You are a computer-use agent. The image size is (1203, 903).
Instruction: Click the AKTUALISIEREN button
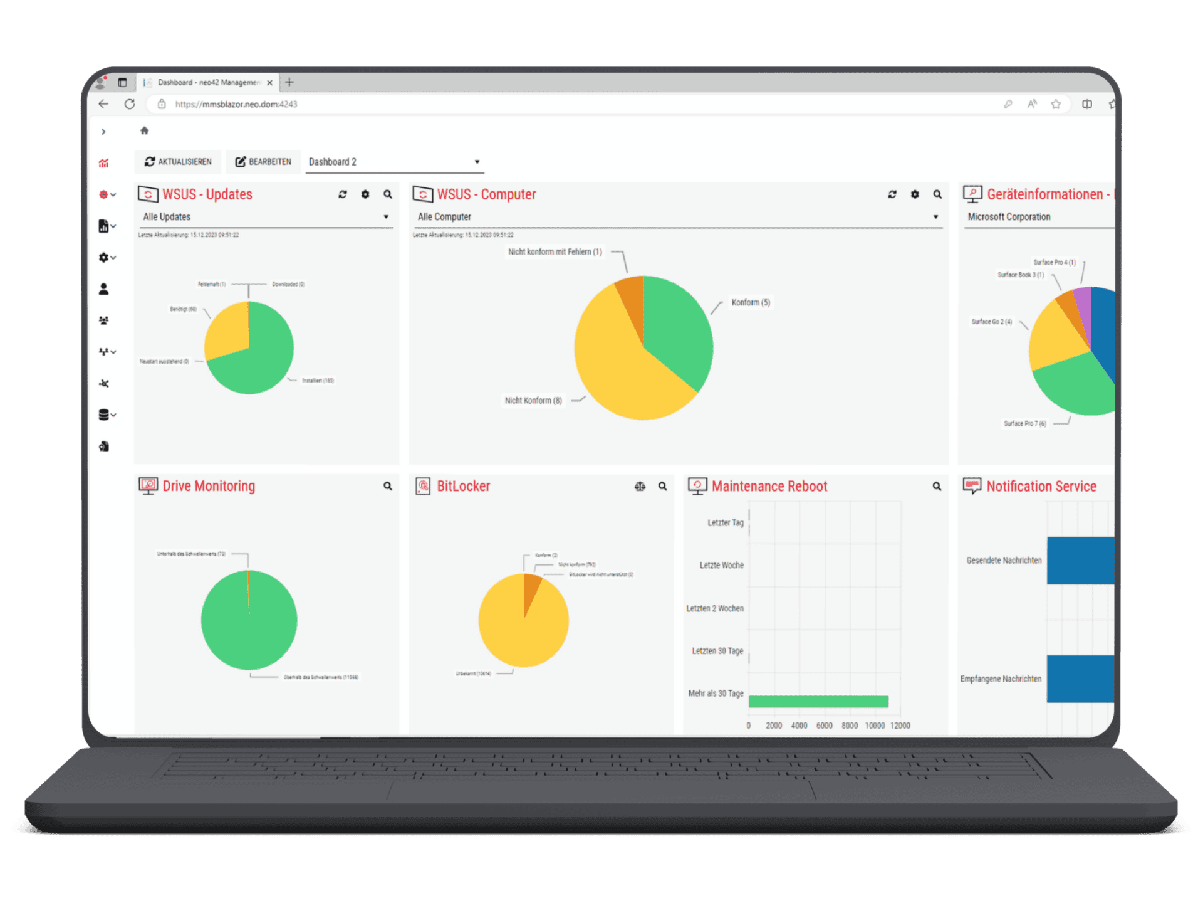pyautogui.click(x=178, y=162)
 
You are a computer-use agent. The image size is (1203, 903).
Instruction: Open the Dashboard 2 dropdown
pyautogui.click(x=395, y=162)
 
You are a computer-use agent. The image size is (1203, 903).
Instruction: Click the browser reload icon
pyautogui.click(x=130, y=104)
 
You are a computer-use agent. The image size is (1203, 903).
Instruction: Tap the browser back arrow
pyautogui.click(x=103, y=104)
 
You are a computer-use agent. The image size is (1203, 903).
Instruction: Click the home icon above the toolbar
pyautogui.click(x=144, y=130)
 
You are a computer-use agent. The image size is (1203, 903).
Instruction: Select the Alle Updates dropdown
pyautogui.click(x=266, y=217)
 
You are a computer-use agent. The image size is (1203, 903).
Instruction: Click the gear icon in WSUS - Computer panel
pyautogui.click(x=915, y=194)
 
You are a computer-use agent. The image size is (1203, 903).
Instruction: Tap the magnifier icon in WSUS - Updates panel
pyautogui.click(x=388, y=194)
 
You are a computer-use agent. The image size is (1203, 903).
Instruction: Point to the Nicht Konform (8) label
pyautogui.click(x=533, y=401)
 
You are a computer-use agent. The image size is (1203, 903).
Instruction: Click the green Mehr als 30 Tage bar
pyautogui.click(x=818, y=701)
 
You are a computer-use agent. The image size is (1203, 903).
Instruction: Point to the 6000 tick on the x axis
pyautogui.click(x=824, y=726)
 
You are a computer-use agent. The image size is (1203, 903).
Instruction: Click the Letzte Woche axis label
pyautogui.click(x=721, y=566)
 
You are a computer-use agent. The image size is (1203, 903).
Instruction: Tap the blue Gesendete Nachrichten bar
pyautogui.click(x=1080, y=561)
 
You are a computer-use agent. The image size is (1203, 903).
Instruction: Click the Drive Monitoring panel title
pyautogui.click(x=209, y=486)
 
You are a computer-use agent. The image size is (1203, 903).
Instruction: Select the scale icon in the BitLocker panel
pyautogui.click(x=640, y=487)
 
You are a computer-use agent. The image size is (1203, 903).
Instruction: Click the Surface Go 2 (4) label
pyautogui.click(x=991, y=322)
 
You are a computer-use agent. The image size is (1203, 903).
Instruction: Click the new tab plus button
pyautogui.click(x=289, y=82)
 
